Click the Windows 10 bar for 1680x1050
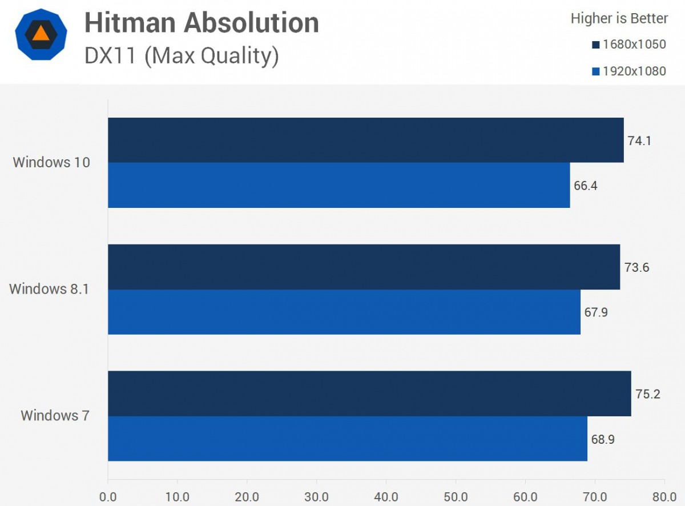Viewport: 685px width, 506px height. (x=365, y=140)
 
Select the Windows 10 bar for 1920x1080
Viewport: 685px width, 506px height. (x=339, y=185)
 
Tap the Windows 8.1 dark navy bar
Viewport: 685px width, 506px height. (x=364, y=267)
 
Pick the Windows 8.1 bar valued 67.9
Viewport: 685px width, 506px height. (x=344, y=312)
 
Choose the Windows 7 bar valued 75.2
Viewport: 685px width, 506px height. (x=369, y=393)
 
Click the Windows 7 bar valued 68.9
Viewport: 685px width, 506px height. (x=347, y=439)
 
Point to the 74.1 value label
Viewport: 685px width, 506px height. (x=639, y=140)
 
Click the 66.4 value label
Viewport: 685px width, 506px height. (x=586, y=186)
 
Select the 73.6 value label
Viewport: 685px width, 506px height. (x=636, y=267)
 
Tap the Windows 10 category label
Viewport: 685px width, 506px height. (x=51, y=162)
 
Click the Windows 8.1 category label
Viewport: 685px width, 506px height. (x=50, y=289)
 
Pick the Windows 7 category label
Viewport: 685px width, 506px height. (x=55, y=416)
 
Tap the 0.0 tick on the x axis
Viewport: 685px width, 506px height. (x=108, y=496)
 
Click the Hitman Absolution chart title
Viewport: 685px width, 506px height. (x=202, y=23)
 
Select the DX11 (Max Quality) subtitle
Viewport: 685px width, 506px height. (x=182, y=56)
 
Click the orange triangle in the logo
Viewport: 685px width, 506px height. (x=41, y=33)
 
